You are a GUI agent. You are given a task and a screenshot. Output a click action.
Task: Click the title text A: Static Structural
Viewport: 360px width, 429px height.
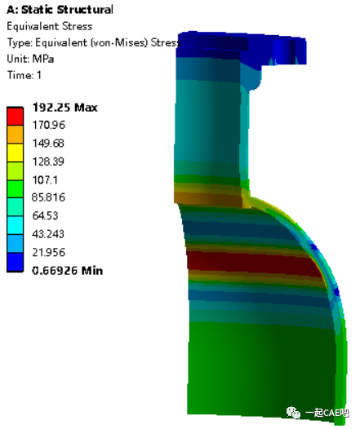(60, 10)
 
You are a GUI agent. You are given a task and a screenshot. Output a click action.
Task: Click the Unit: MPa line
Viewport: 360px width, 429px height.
(31, 59)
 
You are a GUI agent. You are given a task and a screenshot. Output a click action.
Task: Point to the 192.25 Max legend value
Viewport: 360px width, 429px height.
(64, 107)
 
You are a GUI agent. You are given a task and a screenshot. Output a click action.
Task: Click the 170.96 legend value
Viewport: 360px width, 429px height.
(49, 125)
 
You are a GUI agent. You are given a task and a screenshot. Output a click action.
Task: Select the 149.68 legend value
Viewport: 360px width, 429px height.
(49, 143)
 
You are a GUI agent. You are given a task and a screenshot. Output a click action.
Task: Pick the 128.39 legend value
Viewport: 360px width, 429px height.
(49, 161)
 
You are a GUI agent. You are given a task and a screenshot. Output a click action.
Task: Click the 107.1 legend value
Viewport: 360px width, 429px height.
(46, 179)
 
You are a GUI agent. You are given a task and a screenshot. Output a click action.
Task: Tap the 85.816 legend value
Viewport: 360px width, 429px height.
(49, 197)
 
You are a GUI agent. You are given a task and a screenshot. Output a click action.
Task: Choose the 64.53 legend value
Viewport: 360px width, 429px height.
(46, 215)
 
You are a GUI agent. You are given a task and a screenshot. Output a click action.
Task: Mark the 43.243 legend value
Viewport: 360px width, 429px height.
(49, 233)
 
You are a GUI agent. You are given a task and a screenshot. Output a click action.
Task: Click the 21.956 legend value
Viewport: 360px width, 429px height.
(49, 251)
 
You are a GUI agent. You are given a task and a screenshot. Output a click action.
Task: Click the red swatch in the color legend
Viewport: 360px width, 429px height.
(16, 116)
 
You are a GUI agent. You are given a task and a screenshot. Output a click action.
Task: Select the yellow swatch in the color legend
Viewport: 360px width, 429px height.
(16, 152)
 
